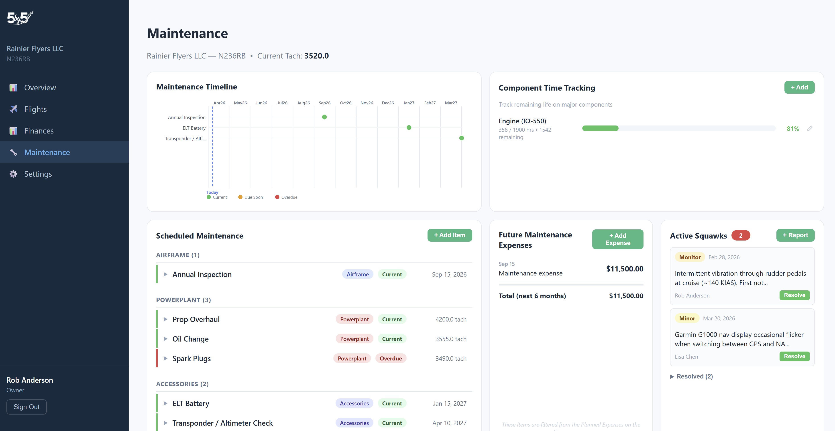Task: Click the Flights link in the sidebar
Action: [35, 109]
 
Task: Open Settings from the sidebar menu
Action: [38, 174]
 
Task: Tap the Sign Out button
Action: [26, 407]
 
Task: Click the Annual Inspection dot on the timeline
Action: [324, 117]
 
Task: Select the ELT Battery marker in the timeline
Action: [409, 127]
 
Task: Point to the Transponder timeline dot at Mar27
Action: [461, 138]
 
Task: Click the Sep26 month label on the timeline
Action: [324, 103]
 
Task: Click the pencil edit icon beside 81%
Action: [810, 129]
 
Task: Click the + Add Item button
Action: [449, 235]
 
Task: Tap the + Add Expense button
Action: [617, 239]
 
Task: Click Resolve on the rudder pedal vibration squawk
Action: [794, 295]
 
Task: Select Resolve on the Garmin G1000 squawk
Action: [794, 356]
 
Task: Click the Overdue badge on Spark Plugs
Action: [390, 358]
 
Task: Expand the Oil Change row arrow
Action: [165, 339]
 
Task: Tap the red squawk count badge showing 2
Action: [740, 236]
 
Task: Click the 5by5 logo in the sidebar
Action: [20, 18]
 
